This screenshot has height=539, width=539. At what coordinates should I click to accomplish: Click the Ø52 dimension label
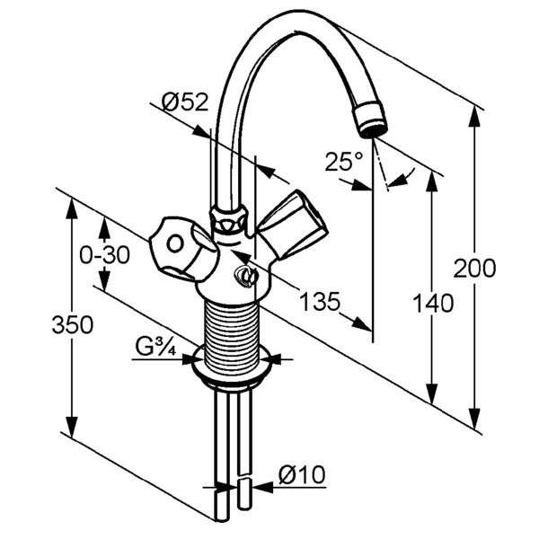[x=185, y=102]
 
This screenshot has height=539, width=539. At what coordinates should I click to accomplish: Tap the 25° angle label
[x=343, y=161]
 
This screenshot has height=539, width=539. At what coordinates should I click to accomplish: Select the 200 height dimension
[x=474, y=268]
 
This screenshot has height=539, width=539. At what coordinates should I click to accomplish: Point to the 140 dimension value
[x=433, y=303]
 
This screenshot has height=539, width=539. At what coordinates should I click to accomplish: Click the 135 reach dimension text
[x=320, y=302]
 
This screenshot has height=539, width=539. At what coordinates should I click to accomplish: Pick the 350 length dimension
[x=73, y=324]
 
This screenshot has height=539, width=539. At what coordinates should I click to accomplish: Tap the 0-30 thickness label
[x=104, y=255]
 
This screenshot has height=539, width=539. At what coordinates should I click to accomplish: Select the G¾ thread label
[x=155, y=346]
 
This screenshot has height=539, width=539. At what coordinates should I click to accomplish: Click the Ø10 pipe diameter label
[x=302, y=474]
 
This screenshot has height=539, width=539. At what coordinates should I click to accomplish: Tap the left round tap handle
[x=184, y=247]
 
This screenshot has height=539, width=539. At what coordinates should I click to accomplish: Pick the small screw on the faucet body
[x=245, y=276]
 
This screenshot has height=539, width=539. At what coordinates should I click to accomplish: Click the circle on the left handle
[x=175, y=244]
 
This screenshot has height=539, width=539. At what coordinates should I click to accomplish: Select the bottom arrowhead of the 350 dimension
[x=72, y=427]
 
